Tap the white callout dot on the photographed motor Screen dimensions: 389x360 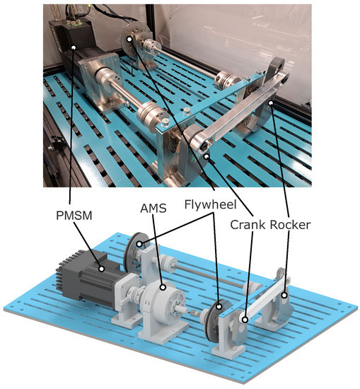pos(74,47)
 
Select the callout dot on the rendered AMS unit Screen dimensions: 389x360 pos(163,288)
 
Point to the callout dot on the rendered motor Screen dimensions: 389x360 pos(103,268)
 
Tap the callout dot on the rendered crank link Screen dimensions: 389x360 pos(245,320)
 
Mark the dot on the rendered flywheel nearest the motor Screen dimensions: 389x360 pos(141,245)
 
